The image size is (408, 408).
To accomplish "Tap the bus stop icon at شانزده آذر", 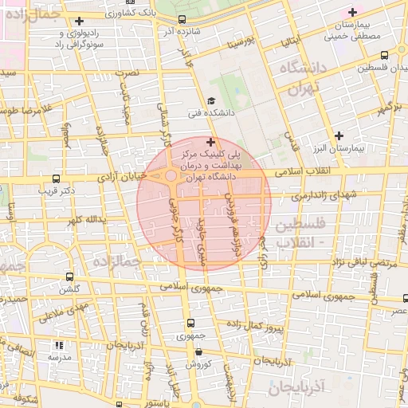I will pyautogui.click(x=182, y=20).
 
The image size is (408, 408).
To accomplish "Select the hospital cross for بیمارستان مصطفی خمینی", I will pyautogui.click(x=353, y=12).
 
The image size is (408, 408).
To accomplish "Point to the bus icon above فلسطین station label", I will pyautogui.click(x=386, y=55).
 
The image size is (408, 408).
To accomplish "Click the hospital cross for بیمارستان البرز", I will pyautogui.click(x=341, y=135).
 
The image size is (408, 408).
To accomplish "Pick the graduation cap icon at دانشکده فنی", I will pyautogui.click(x=210, y=100).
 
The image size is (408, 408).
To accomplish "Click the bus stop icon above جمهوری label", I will pyautogui.click(x=190, y=323).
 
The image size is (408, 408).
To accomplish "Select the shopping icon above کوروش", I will pyautogui.click(x=198, y=351).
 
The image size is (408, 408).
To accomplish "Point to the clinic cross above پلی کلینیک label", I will pyautogui.click(x=210, y=141).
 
